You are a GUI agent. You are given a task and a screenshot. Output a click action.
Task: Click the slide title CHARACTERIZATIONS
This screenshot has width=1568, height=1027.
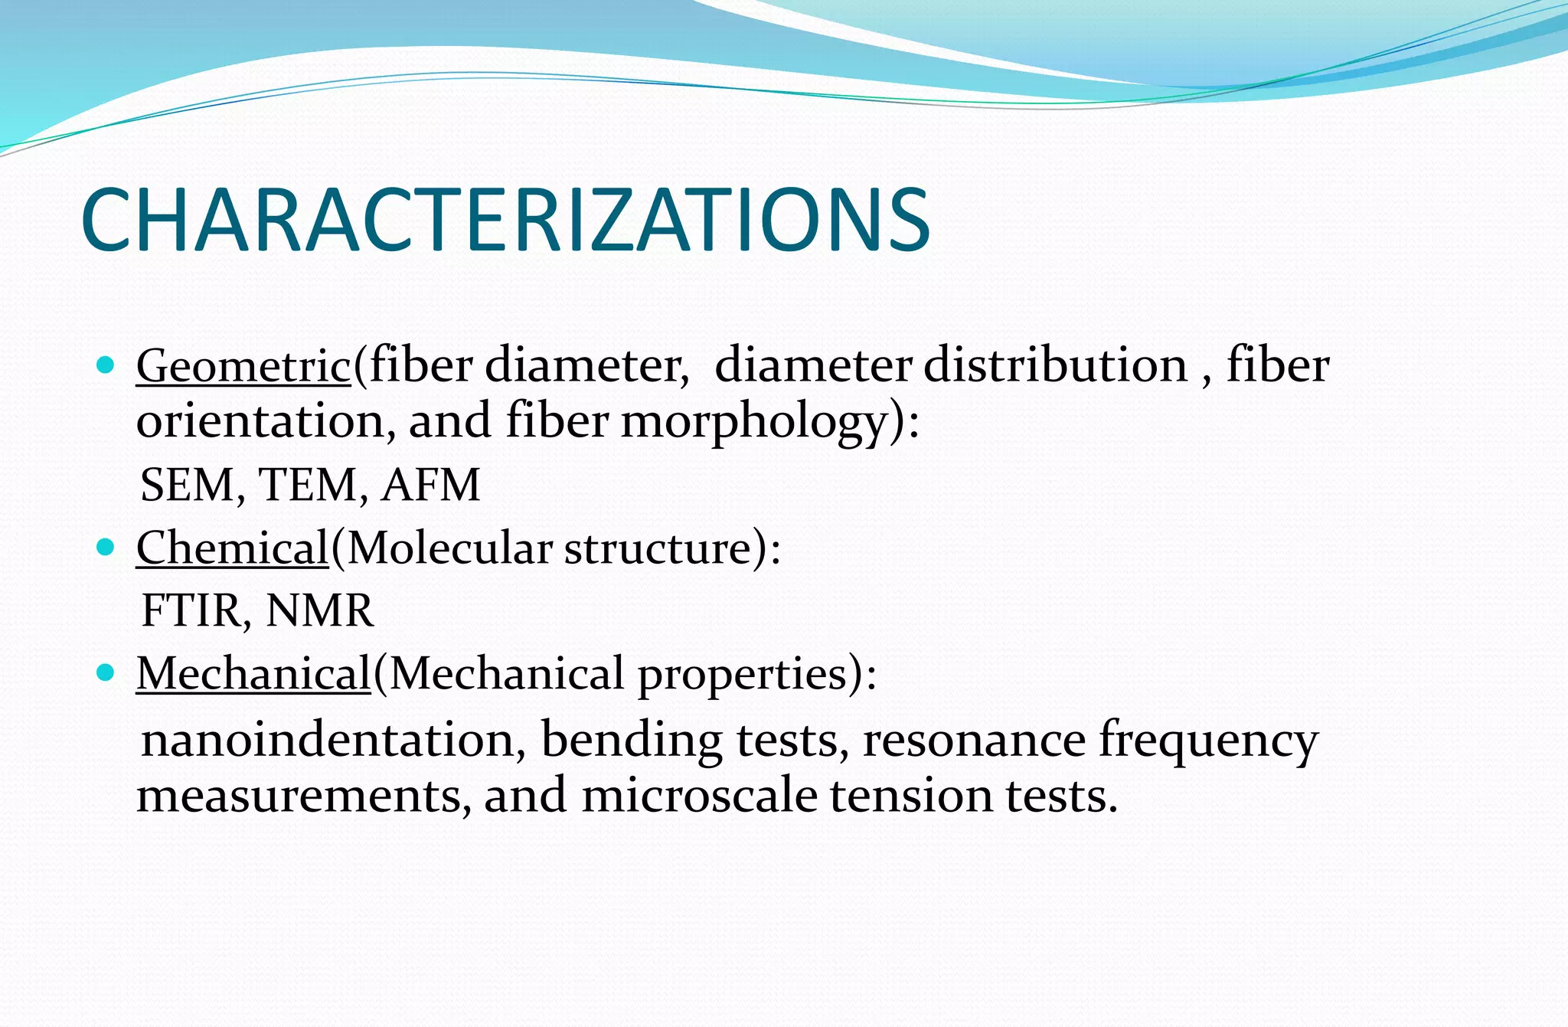point(505,221)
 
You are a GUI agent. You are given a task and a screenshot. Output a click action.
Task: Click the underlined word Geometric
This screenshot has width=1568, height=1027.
point(243,365)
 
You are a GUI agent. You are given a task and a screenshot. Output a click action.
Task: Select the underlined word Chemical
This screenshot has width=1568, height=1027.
point(232,548)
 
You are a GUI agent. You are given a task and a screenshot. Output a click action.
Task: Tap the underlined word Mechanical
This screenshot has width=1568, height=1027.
point(253,674)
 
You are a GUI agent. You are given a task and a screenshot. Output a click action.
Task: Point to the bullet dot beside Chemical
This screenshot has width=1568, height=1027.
point(106,547)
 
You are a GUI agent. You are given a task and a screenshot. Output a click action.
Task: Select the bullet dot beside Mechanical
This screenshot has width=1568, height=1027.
point(106,673)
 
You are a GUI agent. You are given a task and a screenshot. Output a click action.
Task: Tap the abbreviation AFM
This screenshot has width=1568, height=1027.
point(431,486)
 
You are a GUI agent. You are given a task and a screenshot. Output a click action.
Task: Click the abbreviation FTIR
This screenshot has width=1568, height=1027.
point(193,611)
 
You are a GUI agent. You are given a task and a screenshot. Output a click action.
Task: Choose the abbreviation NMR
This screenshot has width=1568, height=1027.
point(319,611)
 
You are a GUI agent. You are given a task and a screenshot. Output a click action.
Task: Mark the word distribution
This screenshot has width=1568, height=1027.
point(1056,365)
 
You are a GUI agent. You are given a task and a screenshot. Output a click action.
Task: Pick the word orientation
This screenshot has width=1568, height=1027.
point(260,421)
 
